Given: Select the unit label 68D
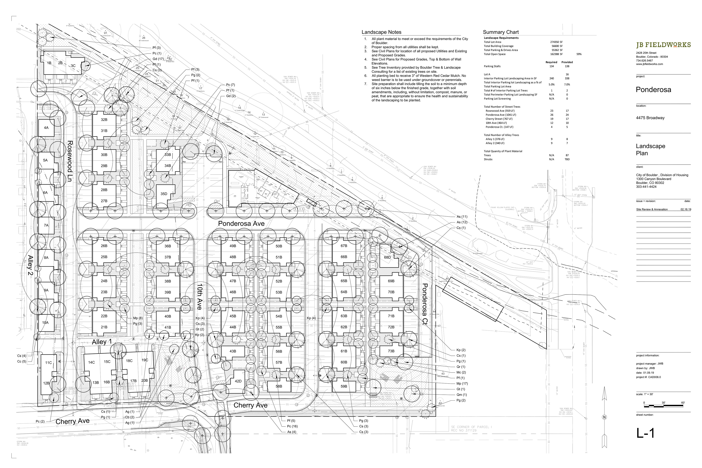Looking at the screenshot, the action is (387, 257).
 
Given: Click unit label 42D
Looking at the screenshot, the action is (238, 381).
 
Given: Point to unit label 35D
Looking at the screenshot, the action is (164, 194).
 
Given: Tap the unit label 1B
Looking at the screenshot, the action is (49, 63).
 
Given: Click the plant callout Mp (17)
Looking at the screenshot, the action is (462, 384).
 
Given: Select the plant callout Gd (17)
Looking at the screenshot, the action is (158, 59).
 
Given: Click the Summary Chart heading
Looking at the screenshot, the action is (501, 32).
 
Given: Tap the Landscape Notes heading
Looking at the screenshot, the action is (382, 32).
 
